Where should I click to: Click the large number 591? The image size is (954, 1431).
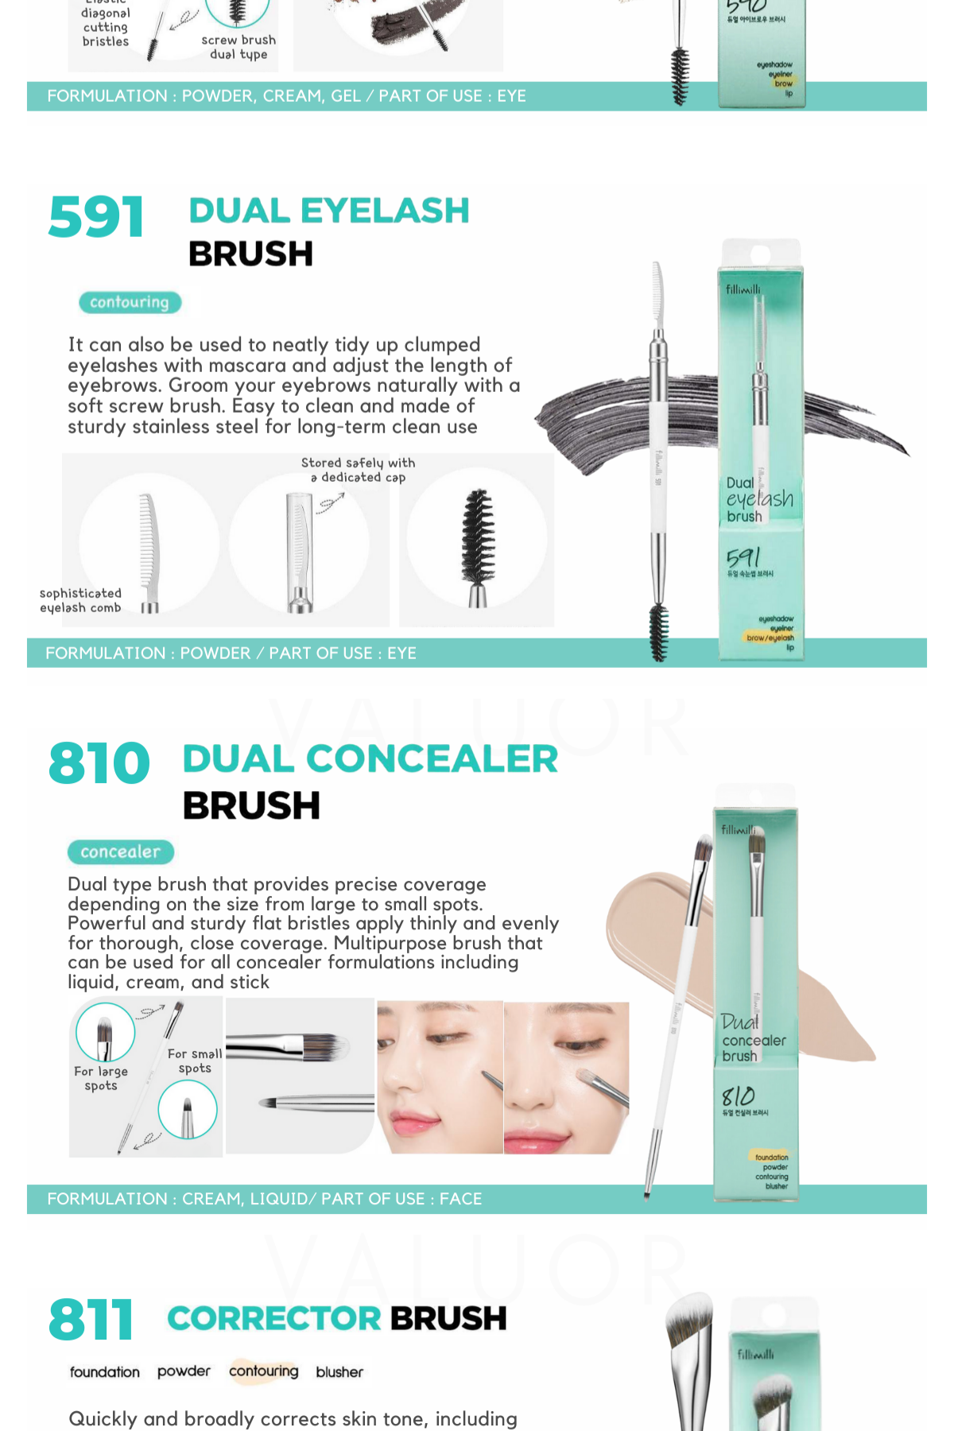(x=96, y=218)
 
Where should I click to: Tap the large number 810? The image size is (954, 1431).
(x=99, y=764)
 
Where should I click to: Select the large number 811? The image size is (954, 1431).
(x=91, y=1320)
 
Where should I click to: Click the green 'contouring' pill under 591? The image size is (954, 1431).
(x=130, y=303)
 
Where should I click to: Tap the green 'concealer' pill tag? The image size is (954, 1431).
(x=120, y=852)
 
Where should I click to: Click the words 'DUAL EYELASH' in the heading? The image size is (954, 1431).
(x=329, y=211)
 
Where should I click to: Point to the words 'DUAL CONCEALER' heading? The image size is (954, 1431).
(x=370, y=759)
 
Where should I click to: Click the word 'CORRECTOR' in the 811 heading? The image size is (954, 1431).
(x=275, y=1319)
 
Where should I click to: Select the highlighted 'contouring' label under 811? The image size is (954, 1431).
(x=263, y=1371)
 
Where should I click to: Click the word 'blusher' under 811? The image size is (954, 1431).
(x=339, y=1372)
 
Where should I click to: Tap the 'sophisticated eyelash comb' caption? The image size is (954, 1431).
(x=80, y=600)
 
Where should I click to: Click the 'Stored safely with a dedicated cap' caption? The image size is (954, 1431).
(x=358, y=470)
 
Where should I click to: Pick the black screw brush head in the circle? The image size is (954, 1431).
(x=478, y=537)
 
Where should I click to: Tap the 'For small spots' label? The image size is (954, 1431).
(x=195, y=1061)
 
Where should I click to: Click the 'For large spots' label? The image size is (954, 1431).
(x=101, y=1078)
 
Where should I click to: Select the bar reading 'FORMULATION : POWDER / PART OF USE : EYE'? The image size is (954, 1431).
(x=231, y=653)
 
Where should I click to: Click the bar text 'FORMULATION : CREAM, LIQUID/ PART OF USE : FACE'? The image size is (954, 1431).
(x=264, y=1199)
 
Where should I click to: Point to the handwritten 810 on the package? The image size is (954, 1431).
(x=738, y=1096)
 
